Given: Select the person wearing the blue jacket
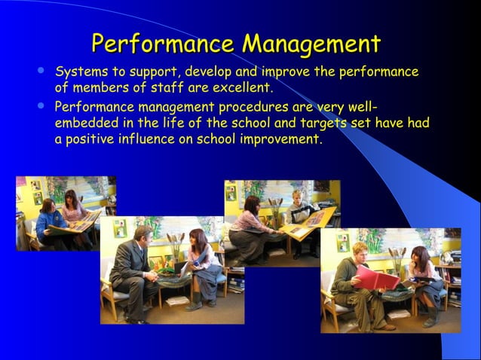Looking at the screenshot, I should tap(47, 220).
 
